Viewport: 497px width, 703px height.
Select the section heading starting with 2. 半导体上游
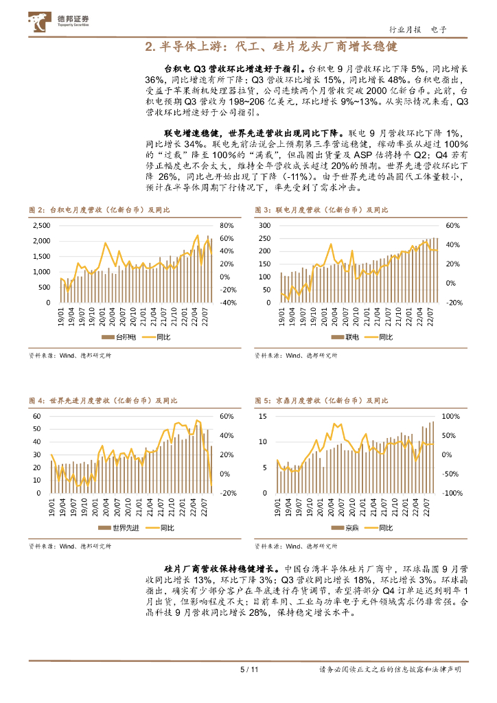(x=272, y=47)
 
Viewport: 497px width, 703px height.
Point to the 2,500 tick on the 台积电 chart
(x=41, y=226)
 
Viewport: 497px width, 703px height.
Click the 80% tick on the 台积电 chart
(x=227, y=226)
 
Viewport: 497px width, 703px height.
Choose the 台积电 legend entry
(x=119, y=337)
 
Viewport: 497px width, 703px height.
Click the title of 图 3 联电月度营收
(x=320, y=209)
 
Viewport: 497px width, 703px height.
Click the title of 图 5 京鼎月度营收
(x=320, y=400)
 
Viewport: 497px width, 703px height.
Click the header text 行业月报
(x=404, y=30)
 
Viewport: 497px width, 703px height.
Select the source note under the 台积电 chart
(x=70, y=356)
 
